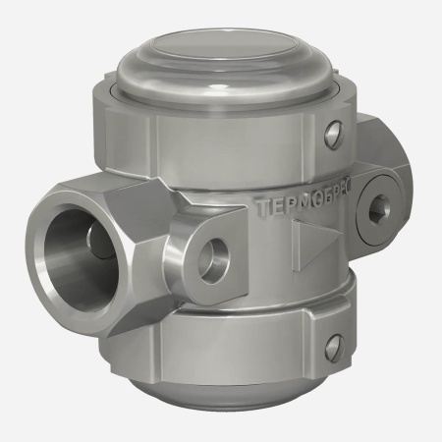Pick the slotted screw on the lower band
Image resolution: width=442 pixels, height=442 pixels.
(334, 345)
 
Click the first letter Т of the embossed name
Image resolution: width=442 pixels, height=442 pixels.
(259, 208)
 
